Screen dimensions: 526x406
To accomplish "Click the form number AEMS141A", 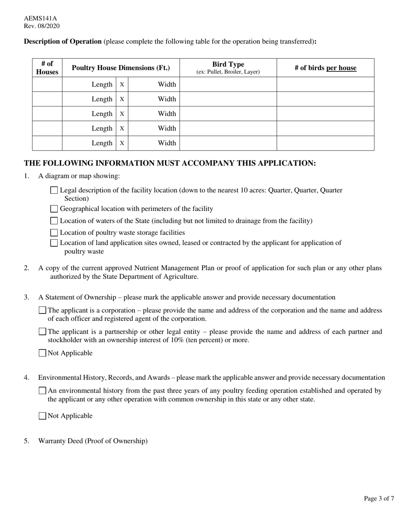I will tap(40, 18).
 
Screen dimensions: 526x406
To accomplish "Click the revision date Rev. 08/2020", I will tap(41, 26).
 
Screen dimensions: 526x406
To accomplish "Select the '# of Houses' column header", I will tap(47, 68).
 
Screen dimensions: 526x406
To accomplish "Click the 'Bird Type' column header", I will tap(228, 68).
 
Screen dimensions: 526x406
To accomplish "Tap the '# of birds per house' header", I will tap(325, 68).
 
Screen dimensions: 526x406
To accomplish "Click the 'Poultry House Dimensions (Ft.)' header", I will tap(121, 68).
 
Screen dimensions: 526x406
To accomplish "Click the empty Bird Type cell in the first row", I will tap(228, 85).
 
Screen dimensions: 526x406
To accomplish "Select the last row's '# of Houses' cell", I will tap(47, 143).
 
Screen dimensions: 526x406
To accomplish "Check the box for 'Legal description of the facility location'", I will tap(54, 190).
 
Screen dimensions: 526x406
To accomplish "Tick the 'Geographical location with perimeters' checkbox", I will tap(54, 209).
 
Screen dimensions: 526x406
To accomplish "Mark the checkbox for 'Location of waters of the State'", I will tap(54, 221).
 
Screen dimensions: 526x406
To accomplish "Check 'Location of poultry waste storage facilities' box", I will tap(54, 233).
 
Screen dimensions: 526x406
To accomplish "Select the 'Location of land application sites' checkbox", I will tap(54, 243).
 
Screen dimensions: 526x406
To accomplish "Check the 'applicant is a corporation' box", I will tap(42, 310).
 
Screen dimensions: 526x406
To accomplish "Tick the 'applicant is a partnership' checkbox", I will tap(42, 332).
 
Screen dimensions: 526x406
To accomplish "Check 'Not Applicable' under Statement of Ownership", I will tap(42, 353).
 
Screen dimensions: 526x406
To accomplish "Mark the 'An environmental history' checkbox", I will tap(42, 390).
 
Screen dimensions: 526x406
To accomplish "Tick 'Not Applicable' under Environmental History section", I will tap(42, 416).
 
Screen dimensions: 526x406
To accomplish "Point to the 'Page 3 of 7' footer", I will tap(379, 498).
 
